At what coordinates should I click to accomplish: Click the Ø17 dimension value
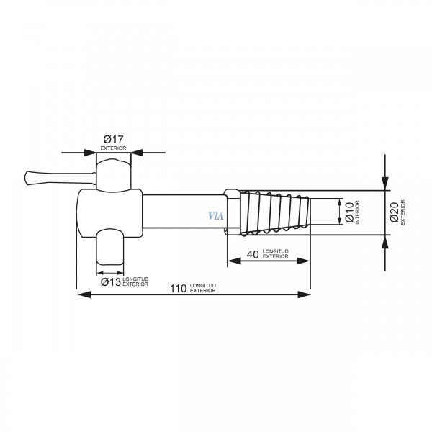tap(113, 139)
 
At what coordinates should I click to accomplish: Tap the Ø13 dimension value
tap(111, 282)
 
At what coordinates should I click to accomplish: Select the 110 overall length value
tap(178, 289)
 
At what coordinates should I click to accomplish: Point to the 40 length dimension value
tap(253, 255)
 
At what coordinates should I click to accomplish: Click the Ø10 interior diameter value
tap(349, 212)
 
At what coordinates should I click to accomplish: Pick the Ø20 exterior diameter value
tap(395, 212)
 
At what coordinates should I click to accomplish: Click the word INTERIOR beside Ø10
tap(358, 212)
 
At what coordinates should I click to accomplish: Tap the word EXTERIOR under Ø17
tap(113, 148)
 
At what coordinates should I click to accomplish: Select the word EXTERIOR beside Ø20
tap(402, 212)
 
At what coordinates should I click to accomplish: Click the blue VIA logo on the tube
tap(216, 216)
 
